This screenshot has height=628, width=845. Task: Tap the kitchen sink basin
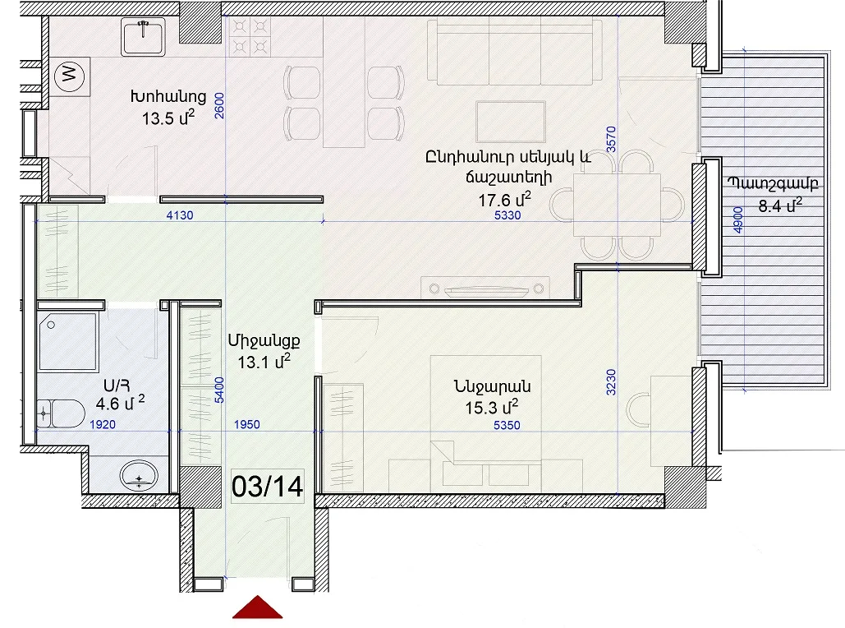[x=143, y=37]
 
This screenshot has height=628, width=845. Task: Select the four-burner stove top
[x=250, y=37]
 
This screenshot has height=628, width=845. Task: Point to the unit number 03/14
[x=268, y=486]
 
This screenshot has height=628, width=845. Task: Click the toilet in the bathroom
[x=61, y=413]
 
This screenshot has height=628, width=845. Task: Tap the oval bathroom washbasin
[x=139, y=475]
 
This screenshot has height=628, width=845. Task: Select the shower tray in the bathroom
[x=68, y=341]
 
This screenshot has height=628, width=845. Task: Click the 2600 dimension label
[x=218, y=106]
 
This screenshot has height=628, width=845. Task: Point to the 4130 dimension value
[x=180, y=215]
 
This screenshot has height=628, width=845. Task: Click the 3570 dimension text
[x=611, y=140]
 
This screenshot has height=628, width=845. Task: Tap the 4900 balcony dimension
[x=738, y=220]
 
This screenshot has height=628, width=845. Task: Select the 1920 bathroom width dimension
[x=103, y=425]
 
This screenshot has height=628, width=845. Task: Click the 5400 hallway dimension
[x=218, y=390]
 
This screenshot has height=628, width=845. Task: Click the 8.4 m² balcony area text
[x=780, y=205]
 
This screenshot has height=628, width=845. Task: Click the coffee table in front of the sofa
[x=511, y=122]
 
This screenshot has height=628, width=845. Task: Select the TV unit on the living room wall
[x=485, y=288]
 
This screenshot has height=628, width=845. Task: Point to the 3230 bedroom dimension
[x=611, y=382]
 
